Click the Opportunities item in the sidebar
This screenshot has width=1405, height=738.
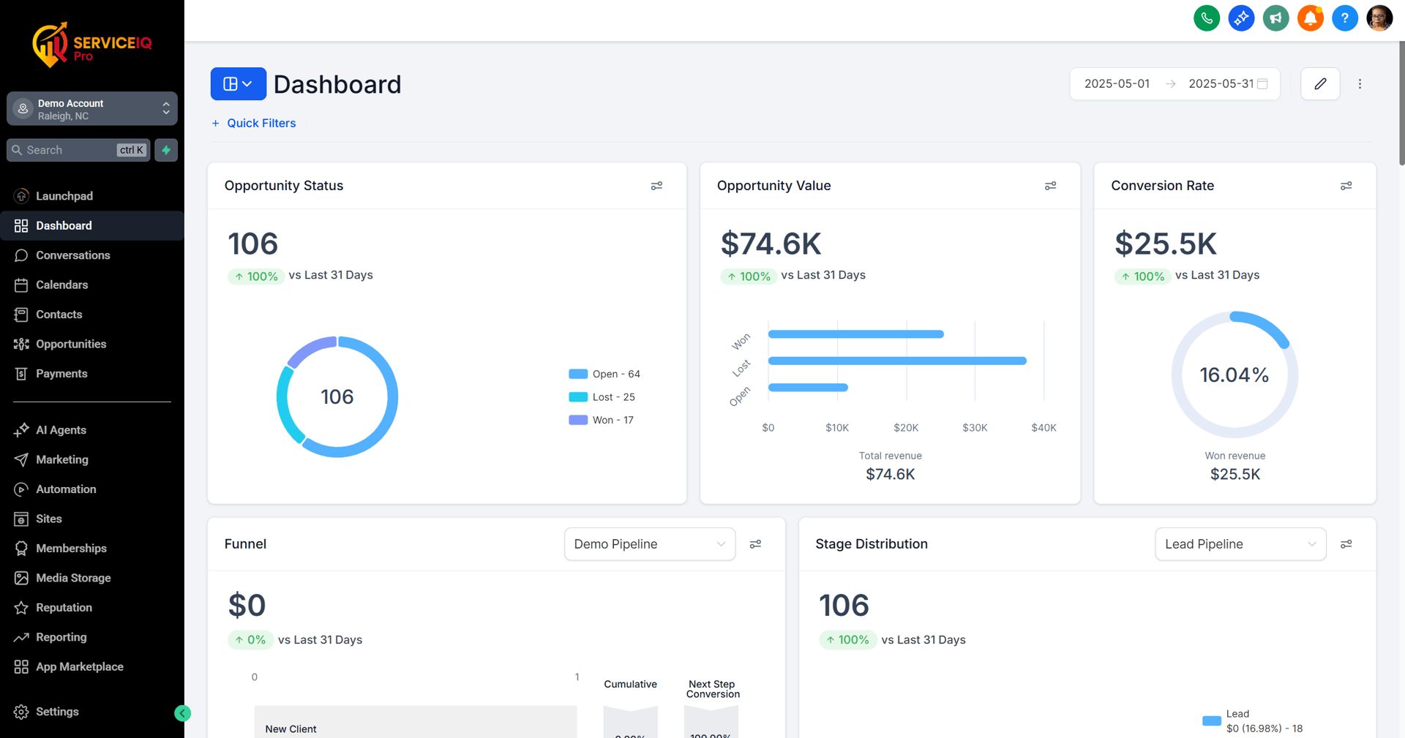click(x=71, y=344)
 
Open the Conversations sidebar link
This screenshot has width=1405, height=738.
click(x=72, y=255)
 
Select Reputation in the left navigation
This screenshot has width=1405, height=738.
click(x=64, y=607)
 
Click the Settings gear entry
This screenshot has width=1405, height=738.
click(x=56, y=712)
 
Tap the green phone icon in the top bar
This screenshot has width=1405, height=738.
click(x=1206, y=18)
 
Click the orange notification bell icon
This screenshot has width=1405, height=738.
click(x=1310, y=18)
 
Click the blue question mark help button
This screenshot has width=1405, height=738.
click(x=1344, y=18)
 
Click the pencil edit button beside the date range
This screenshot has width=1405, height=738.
click(x=1320, y=84)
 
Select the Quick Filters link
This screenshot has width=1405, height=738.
click(x=261, y=123)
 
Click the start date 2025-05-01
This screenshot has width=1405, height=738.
click(x=1117, y=84)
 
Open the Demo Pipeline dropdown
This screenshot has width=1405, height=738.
click(x=649, y=544)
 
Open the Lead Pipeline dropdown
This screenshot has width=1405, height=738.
click(x=1240, y=544)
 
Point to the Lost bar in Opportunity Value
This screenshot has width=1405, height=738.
click(x=897, y=361)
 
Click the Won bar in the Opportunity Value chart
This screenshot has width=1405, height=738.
click(x=855, y=334)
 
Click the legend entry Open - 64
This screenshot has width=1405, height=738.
click(x=604, y=374)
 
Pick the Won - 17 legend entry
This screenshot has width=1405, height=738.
click(x=602, y=420)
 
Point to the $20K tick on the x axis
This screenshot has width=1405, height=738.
click(x=906, y=428)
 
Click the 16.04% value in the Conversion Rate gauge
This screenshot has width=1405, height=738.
click(x=1234, y=375)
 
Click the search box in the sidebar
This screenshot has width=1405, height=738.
click(x=70, y=150)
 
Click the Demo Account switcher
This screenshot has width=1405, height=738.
click(x=92, y=109)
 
